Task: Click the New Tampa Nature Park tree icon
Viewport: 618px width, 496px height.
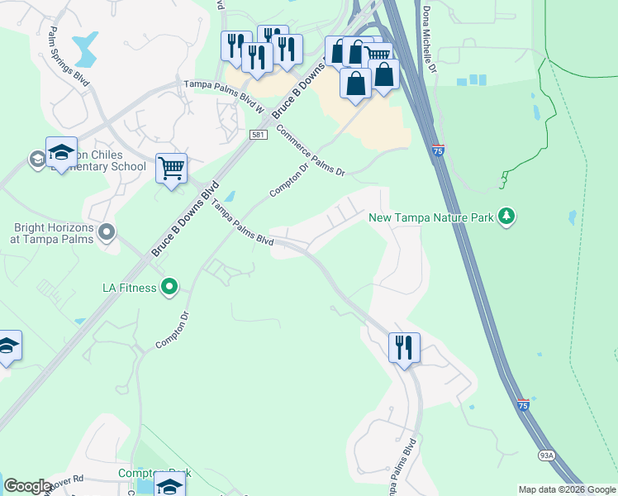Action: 506,217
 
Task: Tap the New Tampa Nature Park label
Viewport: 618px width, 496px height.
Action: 430,217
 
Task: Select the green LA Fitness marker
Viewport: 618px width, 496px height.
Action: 169,287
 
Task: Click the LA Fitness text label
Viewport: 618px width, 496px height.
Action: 129,287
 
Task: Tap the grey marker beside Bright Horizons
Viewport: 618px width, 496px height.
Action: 105,232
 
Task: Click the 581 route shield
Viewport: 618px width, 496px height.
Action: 259,135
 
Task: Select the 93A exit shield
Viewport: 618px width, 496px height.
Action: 547,455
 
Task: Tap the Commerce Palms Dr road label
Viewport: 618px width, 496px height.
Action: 310,150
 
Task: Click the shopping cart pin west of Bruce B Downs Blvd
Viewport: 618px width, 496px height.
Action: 171,169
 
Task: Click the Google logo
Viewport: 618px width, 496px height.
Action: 27,486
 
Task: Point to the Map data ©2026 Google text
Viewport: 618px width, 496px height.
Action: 567,489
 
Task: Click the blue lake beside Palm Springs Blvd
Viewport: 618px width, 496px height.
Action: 84,50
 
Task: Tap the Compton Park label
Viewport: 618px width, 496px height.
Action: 154,474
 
